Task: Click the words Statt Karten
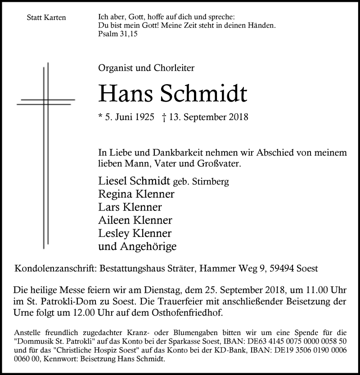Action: coord(46,18)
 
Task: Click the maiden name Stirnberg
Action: coord(211,182)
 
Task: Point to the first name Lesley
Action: coord(112,233)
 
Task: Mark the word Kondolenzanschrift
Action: coord(54,268)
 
